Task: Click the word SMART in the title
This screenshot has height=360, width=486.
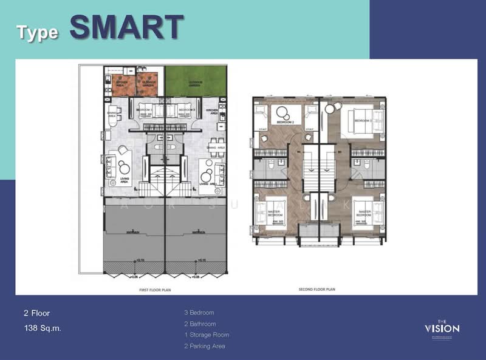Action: click(126, 27)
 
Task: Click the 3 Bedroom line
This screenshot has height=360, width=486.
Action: click(200, 313)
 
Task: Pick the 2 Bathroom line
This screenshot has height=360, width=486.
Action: click(200, 324)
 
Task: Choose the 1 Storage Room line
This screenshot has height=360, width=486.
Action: click(207, 335)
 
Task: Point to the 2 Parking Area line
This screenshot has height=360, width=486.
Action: click(205, 346)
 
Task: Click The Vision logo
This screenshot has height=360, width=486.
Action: click(442, 328)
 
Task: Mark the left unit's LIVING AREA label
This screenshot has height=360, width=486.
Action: click(125, 178)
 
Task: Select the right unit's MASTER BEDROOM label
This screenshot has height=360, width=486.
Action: click(363, 214)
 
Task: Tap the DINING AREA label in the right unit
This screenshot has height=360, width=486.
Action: click(216, 146)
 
